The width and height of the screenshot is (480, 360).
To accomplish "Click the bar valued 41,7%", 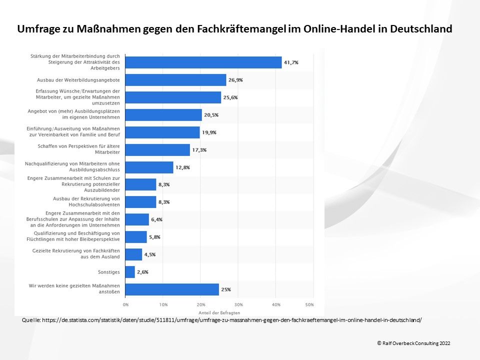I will [203, 62].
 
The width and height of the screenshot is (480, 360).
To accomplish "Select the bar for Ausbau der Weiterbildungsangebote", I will [175, 80].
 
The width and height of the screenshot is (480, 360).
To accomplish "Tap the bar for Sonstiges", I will [130, 272].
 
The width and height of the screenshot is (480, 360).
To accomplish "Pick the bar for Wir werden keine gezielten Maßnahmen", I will [172, 289].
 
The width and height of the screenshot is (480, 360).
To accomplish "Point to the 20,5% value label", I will [211, 115].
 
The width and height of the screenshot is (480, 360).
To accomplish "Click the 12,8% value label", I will [182, 167].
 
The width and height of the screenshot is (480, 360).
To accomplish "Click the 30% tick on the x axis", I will [238, 304].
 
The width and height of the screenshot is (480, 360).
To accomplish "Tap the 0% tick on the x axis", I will [125, 304].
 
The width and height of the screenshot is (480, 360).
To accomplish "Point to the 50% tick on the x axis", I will [309, 304].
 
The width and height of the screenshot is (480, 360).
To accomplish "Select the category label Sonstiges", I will [109, 272].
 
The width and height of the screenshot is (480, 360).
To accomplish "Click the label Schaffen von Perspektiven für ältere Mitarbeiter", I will [79, 149].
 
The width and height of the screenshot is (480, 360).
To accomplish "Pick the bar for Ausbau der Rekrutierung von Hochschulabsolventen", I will [140, 201].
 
